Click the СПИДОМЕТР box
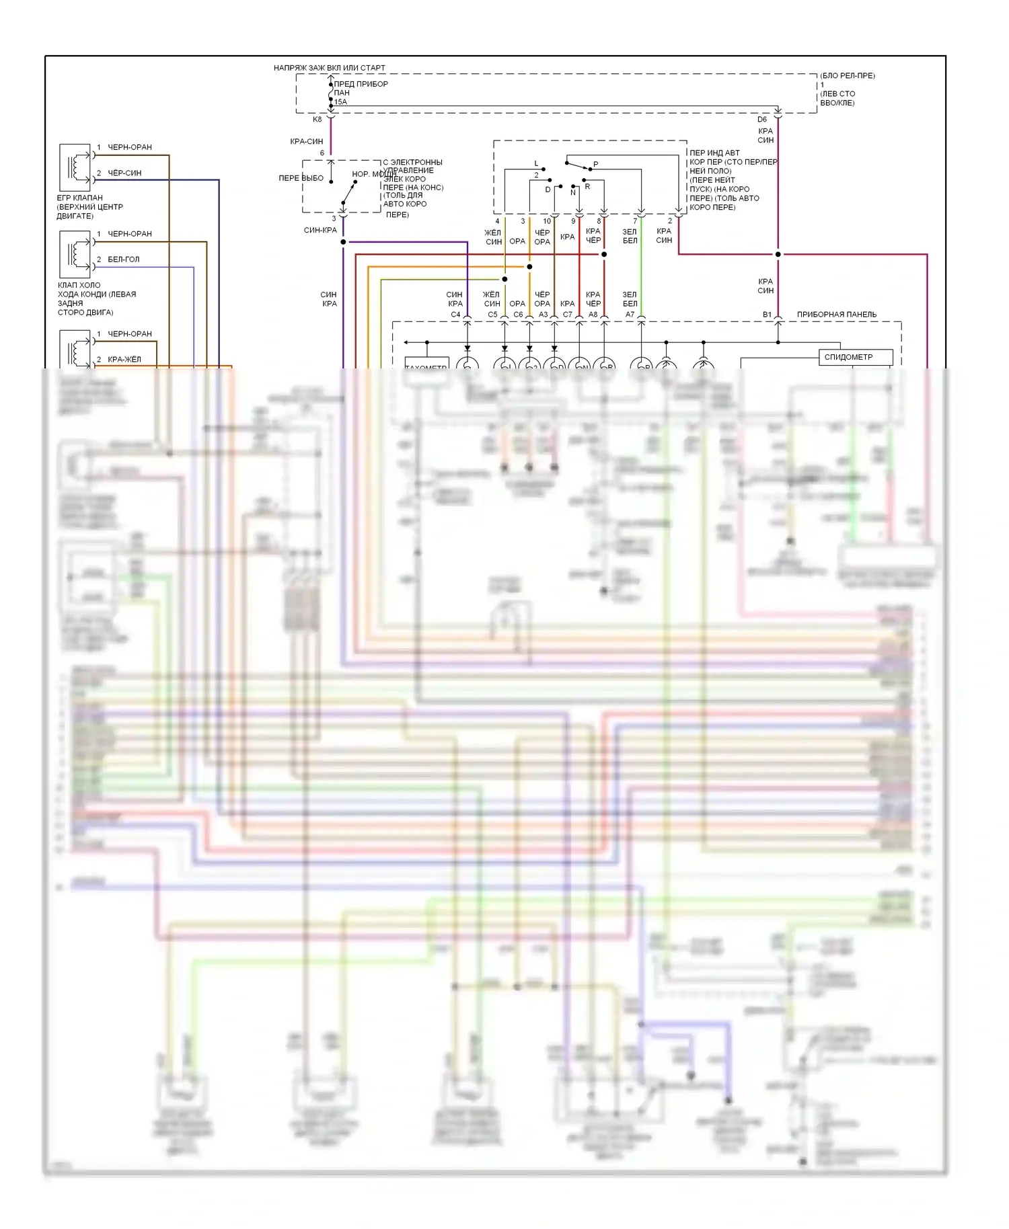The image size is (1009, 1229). (x=855, y=357)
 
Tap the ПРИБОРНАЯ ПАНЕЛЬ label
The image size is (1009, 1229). (x=836, y=315)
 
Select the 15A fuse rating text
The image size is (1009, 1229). (x=341, y=102)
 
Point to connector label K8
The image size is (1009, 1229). (x=317, y=120)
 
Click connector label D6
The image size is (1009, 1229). (x=762, y=120)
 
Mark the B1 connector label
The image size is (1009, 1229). (x=767, y=315)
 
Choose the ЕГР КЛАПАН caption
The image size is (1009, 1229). (x=79, y=198)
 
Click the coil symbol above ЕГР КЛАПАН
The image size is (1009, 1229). (x=75, y=167)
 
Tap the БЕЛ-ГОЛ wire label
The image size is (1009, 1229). (x=124, y=260)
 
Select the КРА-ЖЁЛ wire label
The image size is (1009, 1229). (x=124, y=360)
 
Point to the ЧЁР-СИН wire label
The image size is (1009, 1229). (x=124, y=173)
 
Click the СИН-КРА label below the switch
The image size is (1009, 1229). (x=320, y=231)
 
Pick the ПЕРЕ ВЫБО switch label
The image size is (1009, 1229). (x=301, y=178)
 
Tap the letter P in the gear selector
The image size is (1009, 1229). (x=595, y=165)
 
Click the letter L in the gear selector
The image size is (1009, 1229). (x=536, y=164)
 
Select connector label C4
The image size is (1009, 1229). (x=455, y=315)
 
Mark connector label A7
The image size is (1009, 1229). (x=630, y=315)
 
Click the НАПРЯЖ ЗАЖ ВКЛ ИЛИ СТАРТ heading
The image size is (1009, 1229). (x=329, y=68)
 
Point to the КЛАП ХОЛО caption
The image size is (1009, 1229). (x=79, y=286)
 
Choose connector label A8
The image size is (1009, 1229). (x=593, y=315)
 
